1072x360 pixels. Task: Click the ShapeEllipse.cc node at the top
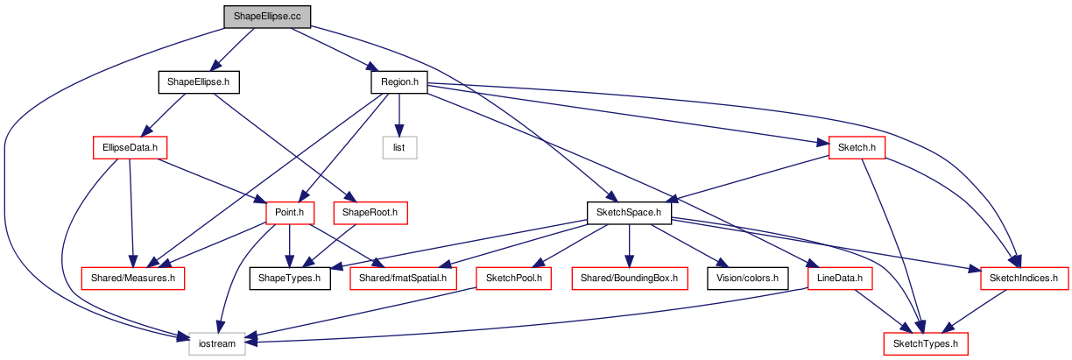coord(267,17)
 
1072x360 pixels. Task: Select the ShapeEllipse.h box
coord(199,82)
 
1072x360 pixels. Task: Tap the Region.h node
coord(399,82)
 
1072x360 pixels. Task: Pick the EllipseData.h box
coord(130,148)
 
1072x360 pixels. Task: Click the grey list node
coord(399,148)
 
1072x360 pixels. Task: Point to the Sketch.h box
coord(857,148)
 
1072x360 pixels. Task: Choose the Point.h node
coord(290,213)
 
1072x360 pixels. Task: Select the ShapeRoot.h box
coord(370,213)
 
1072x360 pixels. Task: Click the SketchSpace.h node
coord(629,213)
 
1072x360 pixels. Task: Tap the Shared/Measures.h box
coord(133,279)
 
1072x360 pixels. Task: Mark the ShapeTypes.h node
coord(290,279)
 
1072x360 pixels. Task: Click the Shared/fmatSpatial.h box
coord(403,279)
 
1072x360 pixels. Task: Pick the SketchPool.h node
coord(513,279)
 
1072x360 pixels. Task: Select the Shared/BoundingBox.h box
coord(630,279)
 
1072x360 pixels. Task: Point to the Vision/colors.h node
coord(748,279)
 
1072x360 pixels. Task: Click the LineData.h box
coord(840,279)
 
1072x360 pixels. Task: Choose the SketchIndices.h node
coord(1024,279)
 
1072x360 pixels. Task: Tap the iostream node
coord(217,344)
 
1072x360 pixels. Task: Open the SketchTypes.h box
coord(926,344)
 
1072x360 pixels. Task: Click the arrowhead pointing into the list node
coord(399,131)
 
